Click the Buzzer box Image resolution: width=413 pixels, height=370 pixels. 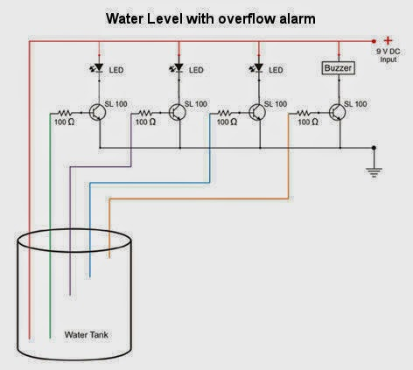[339, 68]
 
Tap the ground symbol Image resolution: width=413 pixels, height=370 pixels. [374, 172]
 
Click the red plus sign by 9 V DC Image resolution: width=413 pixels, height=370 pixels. [388, 40]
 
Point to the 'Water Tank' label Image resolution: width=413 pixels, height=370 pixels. [87, 334]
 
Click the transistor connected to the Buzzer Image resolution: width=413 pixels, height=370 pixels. [338, 112]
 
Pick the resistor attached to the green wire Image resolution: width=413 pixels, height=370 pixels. [65, 113]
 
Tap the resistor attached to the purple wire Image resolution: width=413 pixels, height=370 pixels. [145, 113]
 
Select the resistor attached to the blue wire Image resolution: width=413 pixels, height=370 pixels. [225, 113]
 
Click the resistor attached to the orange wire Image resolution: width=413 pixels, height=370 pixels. [304, 113]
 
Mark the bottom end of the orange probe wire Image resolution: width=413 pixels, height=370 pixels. [109, 258]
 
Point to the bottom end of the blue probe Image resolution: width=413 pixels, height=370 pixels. [90, 277]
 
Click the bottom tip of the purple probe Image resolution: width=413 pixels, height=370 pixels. [70, 295]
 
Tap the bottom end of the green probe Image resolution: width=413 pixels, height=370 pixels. [50, 338]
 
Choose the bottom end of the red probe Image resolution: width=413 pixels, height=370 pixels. [29, 339]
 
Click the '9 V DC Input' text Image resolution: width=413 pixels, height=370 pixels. [388, 55]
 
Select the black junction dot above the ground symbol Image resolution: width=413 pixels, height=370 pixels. [374, 148]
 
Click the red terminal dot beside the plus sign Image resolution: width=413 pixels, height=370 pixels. [374, 41]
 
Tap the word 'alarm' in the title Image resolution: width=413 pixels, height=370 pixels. [297, 18]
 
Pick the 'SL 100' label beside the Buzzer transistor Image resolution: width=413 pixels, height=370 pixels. [355, 104]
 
